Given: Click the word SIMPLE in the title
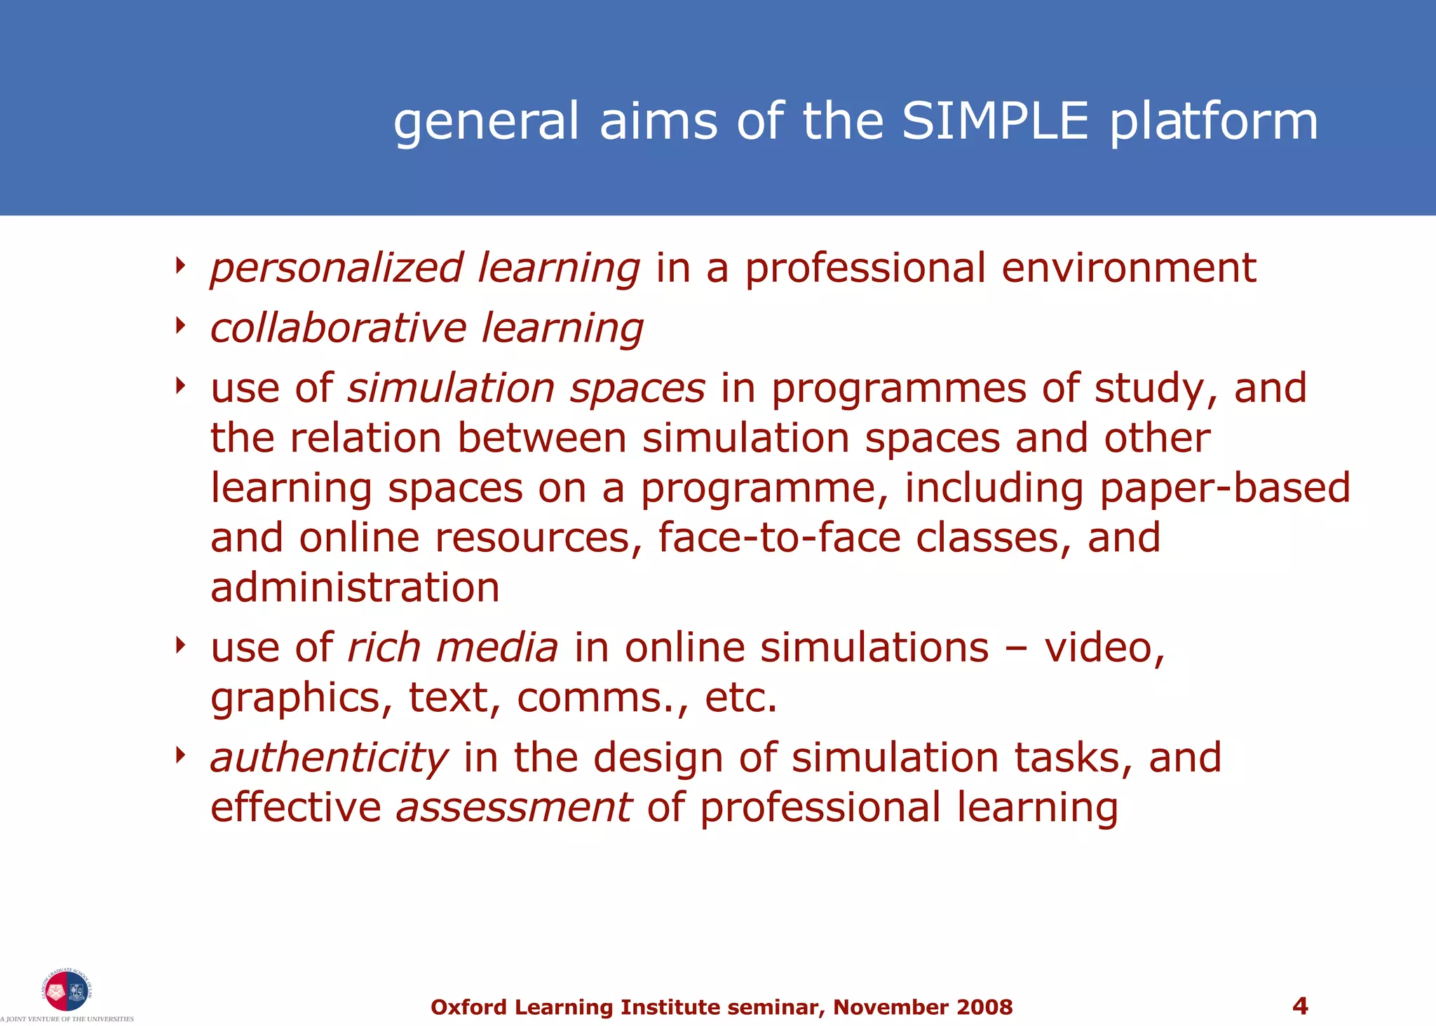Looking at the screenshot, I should coord(995,121).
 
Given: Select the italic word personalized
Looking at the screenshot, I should coord(337,269).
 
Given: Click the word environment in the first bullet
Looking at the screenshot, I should coord(1129,268).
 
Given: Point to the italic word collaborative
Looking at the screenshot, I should coord(338,328).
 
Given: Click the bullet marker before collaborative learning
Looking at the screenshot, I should coord(181,325).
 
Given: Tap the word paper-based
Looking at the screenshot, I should coord(1225,488).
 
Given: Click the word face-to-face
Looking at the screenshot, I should coord(779,538).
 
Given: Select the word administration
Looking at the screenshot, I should coord(355,588).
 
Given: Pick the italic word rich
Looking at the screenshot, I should coord(384,647).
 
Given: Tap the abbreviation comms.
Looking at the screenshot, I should coord(598,698).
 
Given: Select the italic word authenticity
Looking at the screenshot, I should coord(329,759).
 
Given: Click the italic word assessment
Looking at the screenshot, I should coord(514,808).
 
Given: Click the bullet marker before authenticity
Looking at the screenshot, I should coord(181,755).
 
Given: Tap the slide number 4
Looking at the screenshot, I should coord(1299,1006).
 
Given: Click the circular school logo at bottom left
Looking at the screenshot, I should coord(67,991).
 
